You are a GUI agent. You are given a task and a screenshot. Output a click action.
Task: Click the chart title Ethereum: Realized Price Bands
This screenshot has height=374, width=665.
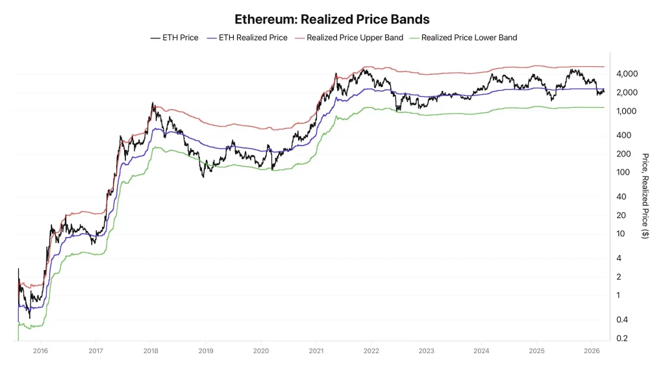(332, 20)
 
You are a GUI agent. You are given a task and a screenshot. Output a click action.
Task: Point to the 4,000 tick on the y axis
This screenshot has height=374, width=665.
(628, 74)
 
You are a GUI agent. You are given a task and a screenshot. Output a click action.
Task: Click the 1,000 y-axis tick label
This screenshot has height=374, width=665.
(628, 111)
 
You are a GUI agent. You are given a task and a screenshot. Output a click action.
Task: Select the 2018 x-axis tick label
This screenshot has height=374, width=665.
(151, 350)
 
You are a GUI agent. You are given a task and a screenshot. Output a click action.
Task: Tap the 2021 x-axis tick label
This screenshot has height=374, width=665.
(316, 350)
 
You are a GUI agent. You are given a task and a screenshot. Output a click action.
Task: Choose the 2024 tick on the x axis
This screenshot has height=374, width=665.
(482, 350)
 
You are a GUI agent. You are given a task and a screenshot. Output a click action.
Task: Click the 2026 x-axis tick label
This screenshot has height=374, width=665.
(592, 350)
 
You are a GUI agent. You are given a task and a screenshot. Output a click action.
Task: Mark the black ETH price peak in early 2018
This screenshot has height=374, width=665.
(153, 103)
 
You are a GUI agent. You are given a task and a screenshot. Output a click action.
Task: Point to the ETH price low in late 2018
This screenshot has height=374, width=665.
(203, 176)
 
